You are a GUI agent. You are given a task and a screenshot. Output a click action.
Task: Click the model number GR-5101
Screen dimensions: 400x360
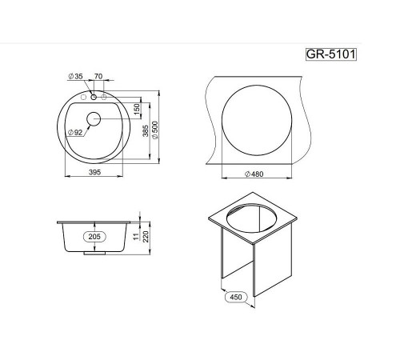point(330,54)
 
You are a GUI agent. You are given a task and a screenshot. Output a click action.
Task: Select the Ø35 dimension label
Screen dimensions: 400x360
point(76,76)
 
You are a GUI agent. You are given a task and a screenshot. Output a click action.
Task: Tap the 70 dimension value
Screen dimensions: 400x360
point(98,76)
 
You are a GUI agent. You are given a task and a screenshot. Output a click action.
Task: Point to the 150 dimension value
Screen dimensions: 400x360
point(136,110)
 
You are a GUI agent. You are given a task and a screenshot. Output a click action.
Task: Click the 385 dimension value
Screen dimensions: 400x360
point(146,131)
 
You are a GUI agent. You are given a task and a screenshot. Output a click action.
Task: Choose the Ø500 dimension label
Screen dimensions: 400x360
point(155,130)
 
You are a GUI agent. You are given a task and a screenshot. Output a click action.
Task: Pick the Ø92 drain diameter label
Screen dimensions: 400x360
point(75,132)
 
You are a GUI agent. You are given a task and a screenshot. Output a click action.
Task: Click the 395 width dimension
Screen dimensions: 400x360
point(94,172)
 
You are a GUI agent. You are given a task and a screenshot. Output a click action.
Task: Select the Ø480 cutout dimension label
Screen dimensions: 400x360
point(254,174)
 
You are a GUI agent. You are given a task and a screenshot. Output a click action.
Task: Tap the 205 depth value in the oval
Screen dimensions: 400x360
point(94,237)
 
